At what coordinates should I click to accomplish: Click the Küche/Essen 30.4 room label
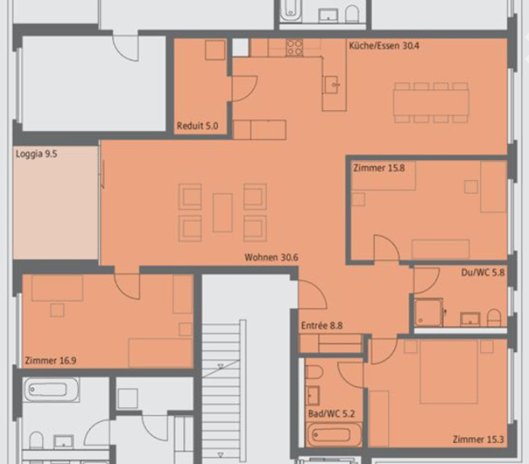click(384, 45)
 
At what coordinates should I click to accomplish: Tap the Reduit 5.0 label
click(198, 126)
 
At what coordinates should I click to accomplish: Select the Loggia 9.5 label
click(37, 154)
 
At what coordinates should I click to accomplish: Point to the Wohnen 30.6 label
click(271, 258)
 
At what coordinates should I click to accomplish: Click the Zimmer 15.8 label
click(379, 168)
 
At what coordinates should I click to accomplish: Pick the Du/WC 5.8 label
click(483, 273)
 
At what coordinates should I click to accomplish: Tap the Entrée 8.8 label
click(322, 326)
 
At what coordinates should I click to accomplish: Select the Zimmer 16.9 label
click(51, 361)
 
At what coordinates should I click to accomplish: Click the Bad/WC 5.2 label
click(331, 414)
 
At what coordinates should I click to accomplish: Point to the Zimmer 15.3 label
click(478, 440)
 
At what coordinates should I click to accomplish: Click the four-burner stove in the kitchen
click(294, 47)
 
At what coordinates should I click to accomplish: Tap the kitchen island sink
click(332, 85)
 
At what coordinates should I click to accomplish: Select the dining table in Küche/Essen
click(431, 102)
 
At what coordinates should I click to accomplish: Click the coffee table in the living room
click(222, 212)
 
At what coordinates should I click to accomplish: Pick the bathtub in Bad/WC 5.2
click(332, 434)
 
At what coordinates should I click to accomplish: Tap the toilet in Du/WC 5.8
click(494, 318)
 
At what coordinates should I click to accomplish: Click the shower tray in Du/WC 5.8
click(428, 312)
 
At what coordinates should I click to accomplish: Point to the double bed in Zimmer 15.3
click(449, 371)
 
